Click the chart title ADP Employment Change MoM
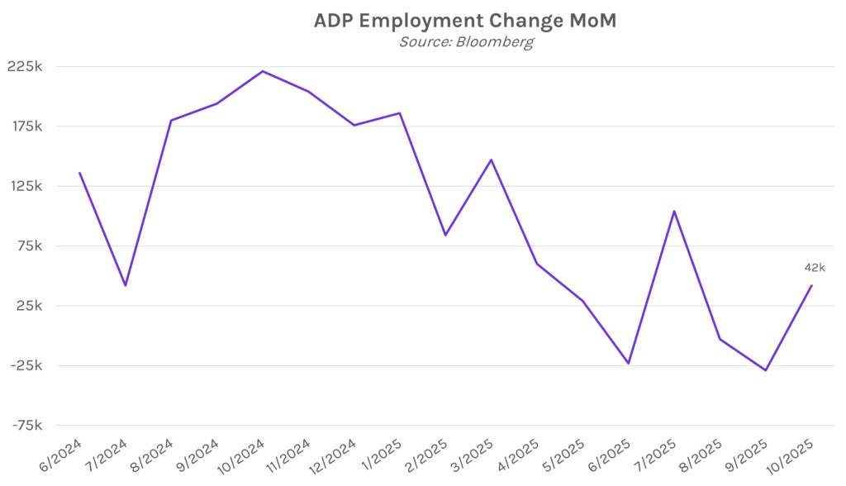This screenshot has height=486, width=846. tap(464, 21)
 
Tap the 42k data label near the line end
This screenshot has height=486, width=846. tap(815, 267)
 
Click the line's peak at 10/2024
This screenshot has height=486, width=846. tap(263, 71)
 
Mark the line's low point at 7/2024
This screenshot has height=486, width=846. tap(126, 285)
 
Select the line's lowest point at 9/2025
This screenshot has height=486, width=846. tap(766, 370)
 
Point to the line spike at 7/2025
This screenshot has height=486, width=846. tap(674, 211)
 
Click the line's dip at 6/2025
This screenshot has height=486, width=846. tap(629, 363)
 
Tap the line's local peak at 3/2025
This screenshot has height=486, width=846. tap(492, 160)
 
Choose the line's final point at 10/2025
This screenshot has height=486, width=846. tap(811, 286)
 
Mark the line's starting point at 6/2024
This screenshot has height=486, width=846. tap(79, 173)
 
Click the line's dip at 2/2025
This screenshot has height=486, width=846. tap(445, 236)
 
